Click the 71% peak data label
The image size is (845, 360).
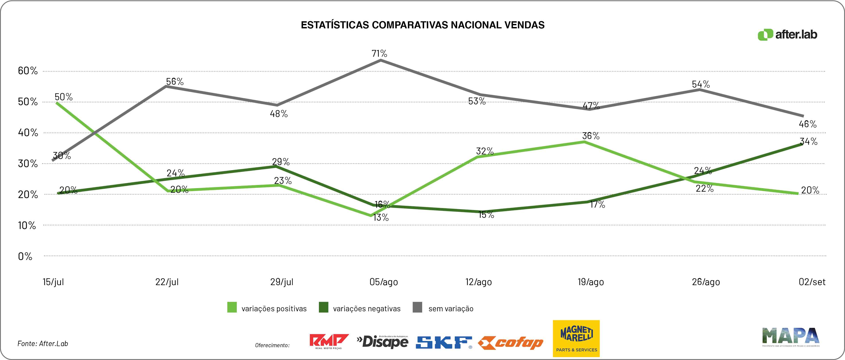point(379,53)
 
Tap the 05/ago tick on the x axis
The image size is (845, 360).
point(383,282)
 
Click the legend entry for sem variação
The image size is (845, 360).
point(450,308)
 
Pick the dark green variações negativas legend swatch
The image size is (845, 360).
point(323,307)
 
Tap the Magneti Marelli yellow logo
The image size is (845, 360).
point(576,338)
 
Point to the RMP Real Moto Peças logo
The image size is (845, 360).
point(329,341)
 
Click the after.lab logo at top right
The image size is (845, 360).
point(787,35)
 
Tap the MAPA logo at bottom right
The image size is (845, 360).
point(791,337)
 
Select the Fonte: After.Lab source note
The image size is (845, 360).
point(43,344)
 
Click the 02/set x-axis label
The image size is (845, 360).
point(812,282)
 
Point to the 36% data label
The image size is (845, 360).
point(591,136)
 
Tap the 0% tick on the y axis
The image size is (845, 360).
point(25,256)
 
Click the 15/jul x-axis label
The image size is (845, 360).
point(53,282)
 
